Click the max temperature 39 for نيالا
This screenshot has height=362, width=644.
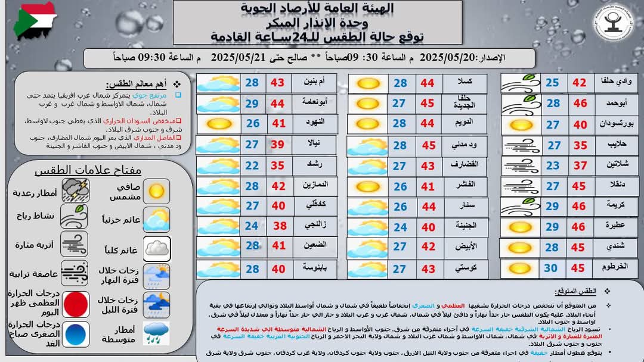tap(278, 145)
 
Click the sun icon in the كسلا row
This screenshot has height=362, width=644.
tap(368, 83)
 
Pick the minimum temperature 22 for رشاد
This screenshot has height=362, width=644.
tap(252, 166)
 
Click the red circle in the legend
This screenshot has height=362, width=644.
tap(76, 304)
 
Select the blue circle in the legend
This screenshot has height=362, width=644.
tap(76, 334)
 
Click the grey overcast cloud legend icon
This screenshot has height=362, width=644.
tap(156, 248)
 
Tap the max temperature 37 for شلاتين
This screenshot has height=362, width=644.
tap(580, 166)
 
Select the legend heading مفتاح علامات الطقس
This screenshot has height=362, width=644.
tap(88, 170)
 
